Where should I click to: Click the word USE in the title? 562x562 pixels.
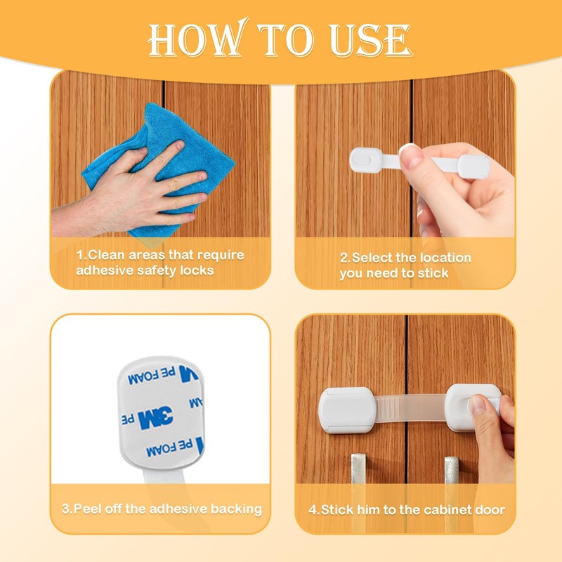371,41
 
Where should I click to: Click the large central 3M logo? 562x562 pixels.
155,417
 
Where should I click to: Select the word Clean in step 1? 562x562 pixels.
106,255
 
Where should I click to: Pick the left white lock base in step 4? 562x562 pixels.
347,410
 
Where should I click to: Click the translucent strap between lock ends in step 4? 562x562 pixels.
411,408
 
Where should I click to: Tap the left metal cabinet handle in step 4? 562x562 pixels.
358,469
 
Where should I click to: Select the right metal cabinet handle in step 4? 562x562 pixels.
452,470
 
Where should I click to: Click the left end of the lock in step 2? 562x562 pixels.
366,160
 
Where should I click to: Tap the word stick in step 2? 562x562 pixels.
433,273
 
